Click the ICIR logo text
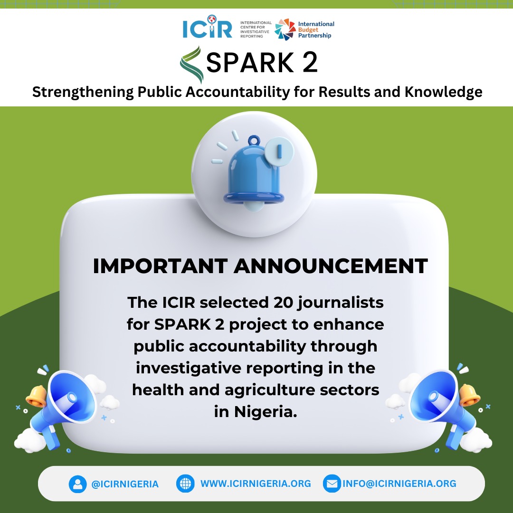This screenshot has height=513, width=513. point(207,29)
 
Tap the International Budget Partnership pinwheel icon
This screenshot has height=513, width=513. point(285,29)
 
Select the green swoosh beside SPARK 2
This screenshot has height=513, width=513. point(192,64)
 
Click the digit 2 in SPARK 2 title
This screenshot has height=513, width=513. point(309,63)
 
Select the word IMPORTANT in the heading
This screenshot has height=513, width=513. point(160,266)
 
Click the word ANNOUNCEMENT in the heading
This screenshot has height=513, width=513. point(331,266)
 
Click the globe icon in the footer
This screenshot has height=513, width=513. point(185,484)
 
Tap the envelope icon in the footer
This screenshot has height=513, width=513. point(332,484)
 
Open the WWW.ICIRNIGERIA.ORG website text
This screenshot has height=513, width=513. point(256,484)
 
